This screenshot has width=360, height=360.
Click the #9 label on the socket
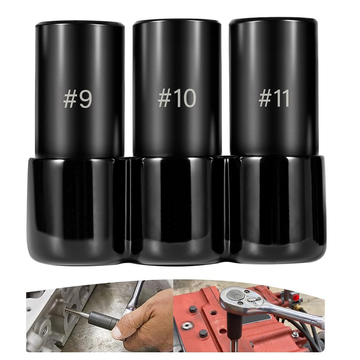pos(77,99)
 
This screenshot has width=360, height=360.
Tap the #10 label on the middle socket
pos(177,98)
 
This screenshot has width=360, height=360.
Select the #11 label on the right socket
pos(274,98)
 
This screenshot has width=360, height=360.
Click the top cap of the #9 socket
pos(80,24)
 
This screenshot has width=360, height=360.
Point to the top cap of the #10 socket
pos(177,22)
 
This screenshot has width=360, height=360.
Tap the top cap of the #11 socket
pos(274,21)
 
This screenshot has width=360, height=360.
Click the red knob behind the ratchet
pos(296,298)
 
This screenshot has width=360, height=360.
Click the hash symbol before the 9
pos(70,99)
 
